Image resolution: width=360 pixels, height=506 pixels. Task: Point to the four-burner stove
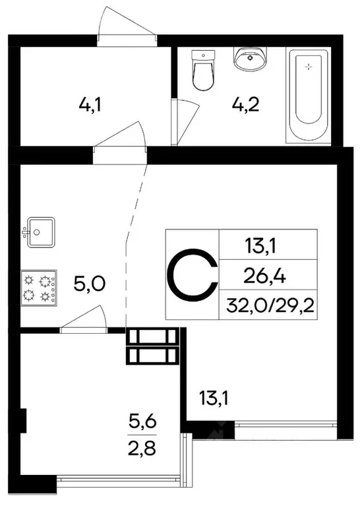point(39,288)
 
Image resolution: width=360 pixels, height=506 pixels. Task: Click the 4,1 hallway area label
point(88,104)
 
